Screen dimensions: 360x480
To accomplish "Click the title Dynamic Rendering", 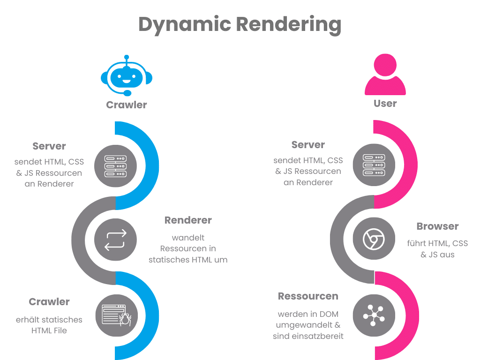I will [240, 24].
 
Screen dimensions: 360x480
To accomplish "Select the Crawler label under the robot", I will [127, 105].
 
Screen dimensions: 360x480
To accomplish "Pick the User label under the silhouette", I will [385, 103].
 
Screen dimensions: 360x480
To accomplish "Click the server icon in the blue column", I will [115, 166].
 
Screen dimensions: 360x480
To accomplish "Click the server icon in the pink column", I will [374, 165].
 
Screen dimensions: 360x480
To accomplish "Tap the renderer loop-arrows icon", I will [115, 240].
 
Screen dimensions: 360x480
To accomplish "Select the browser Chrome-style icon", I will [374, 240].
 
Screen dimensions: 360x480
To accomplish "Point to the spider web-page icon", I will [115, 315].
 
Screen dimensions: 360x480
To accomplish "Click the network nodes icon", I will [374, 315].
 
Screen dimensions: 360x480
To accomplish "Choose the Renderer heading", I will [188, 220].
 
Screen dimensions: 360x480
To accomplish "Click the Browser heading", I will [437, 226].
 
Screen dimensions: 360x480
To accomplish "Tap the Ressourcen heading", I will [308, 296].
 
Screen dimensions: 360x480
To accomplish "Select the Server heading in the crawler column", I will [49, 146].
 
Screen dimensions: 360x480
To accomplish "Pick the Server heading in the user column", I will [308, 145].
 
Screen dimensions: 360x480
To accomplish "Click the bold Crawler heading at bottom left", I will [49, 302].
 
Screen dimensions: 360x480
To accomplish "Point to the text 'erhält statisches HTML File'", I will [49, 325].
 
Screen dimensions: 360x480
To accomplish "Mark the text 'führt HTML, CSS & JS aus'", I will [437, 249].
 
